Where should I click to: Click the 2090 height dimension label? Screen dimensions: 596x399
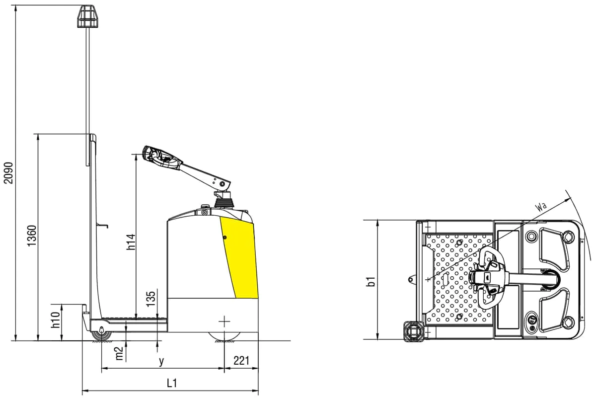(8, 173)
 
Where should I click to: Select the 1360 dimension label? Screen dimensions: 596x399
(31, 236)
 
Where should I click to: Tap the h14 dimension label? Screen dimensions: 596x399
(131, 242)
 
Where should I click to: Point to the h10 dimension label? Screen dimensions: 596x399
(56, 319)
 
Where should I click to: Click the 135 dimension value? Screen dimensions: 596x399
(151, 299)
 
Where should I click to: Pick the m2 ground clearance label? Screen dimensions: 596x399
(120, 354)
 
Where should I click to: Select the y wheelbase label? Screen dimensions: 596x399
(161, 361)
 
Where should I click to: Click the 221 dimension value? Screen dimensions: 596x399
(241, 361)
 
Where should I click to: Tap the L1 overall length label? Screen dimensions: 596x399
(172, 384)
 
